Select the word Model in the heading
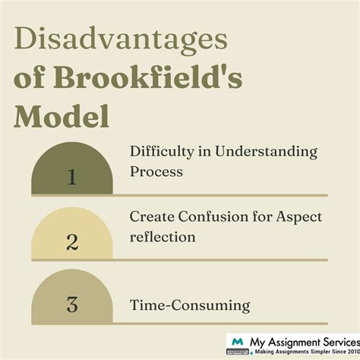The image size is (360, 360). coord(62,118)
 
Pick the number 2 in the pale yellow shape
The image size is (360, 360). coord(72,243)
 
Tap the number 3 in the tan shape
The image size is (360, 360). coord(72,305)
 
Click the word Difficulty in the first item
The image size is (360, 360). coord(160,152)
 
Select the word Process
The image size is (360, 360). coord(156,172)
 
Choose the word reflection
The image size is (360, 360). coord(163,237)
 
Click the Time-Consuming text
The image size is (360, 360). coord(189,307)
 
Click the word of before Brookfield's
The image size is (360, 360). coord(30,80)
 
